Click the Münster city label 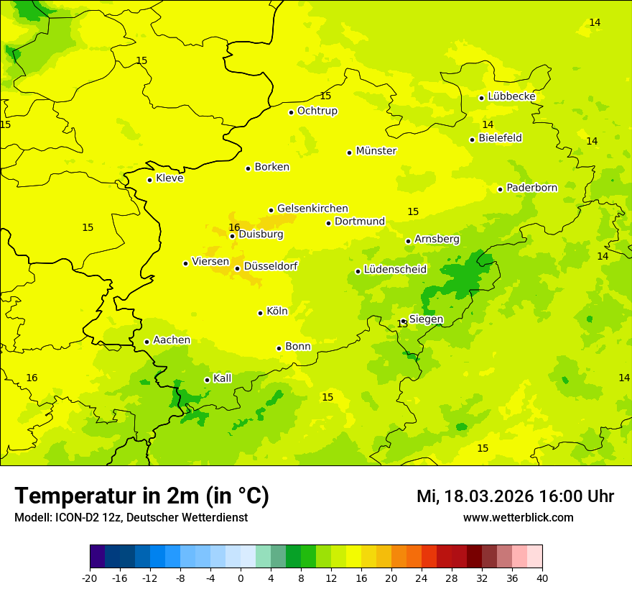click(376, 151)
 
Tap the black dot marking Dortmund click(328, 223)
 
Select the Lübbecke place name click(511, 96)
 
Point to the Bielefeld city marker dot click(472, 140)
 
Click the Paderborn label click(531, 188)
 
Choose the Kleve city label click(169, 178)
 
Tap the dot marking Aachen click(147, 342)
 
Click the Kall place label click(222, 378)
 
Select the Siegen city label click(426, 319)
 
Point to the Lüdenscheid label click(395, 270)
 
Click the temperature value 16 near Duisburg click(234, 227)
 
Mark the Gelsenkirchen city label click(312, 209)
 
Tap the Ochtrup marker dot click(291, 112)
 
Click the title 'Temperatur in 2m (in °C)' click(141, 496)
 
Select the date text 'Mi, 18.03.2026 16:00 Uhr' click(515, 496)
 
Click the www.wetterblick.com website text click(518, 517)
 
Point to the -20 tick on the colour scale click(90, 578)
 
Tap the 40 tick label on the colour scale click(542, 578)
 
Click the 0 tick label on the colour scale click(241, 578)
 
